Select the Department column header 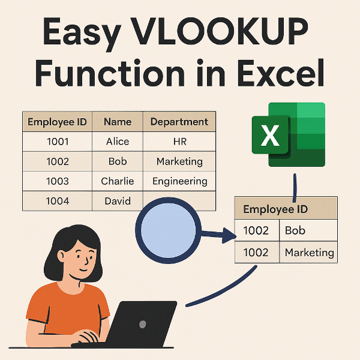click(179, 122)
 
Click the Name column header click(117, 122)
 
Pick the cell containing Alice click(117, 142)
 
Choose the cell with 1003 click(57, 181)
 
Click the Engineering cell click(179, 181)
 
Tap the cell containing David click(117, 201)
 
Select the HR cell click(179, 142)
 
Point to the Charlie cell click(117, 181)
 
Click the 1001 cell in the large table click(57, 142)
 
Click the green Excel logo click(288, 135)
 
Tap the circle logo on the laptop click(143, 323)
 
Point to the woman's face click(82, 258)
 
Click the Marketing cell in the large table click(179, 161)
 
